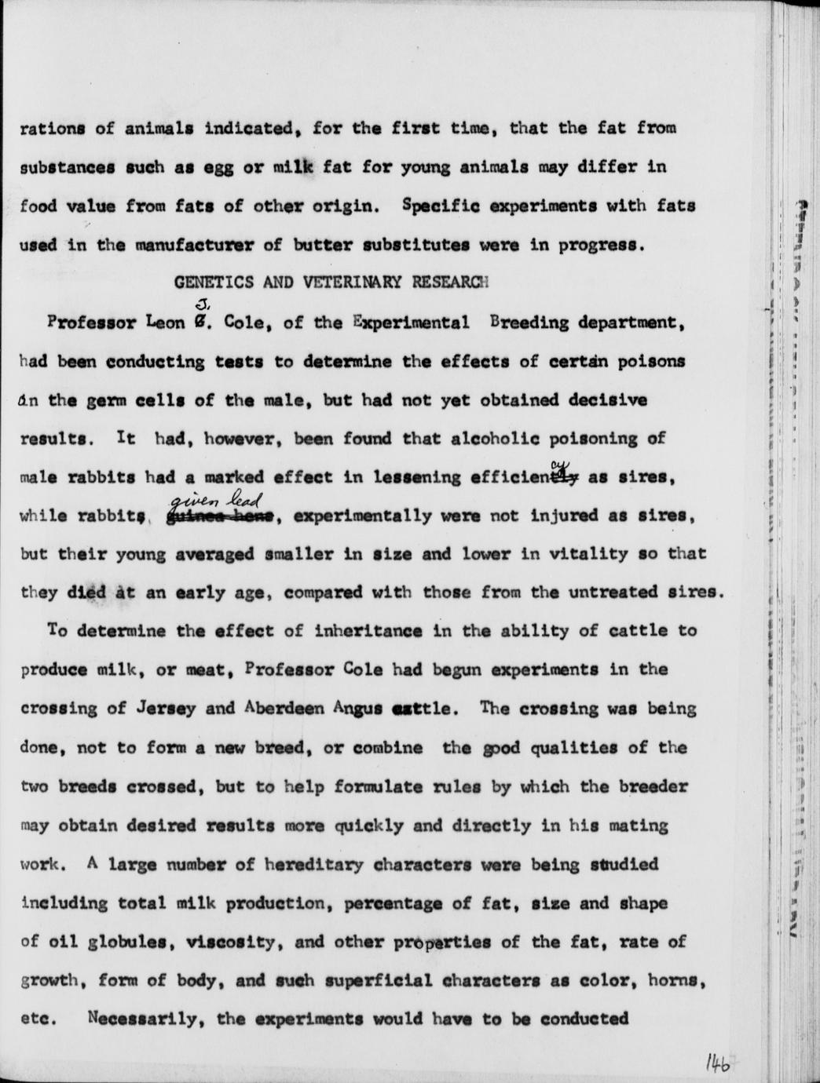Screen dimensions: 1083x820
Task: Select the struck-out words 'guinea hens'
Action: pos(219,517)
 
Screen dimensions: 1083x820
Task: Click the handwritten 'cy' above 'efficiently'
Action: pos(561,464)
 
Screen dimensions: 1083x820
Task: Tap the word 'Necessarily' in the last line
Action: pos(144,1019)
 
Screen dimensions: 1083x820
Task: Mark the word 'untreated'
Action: pos(615,592)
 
